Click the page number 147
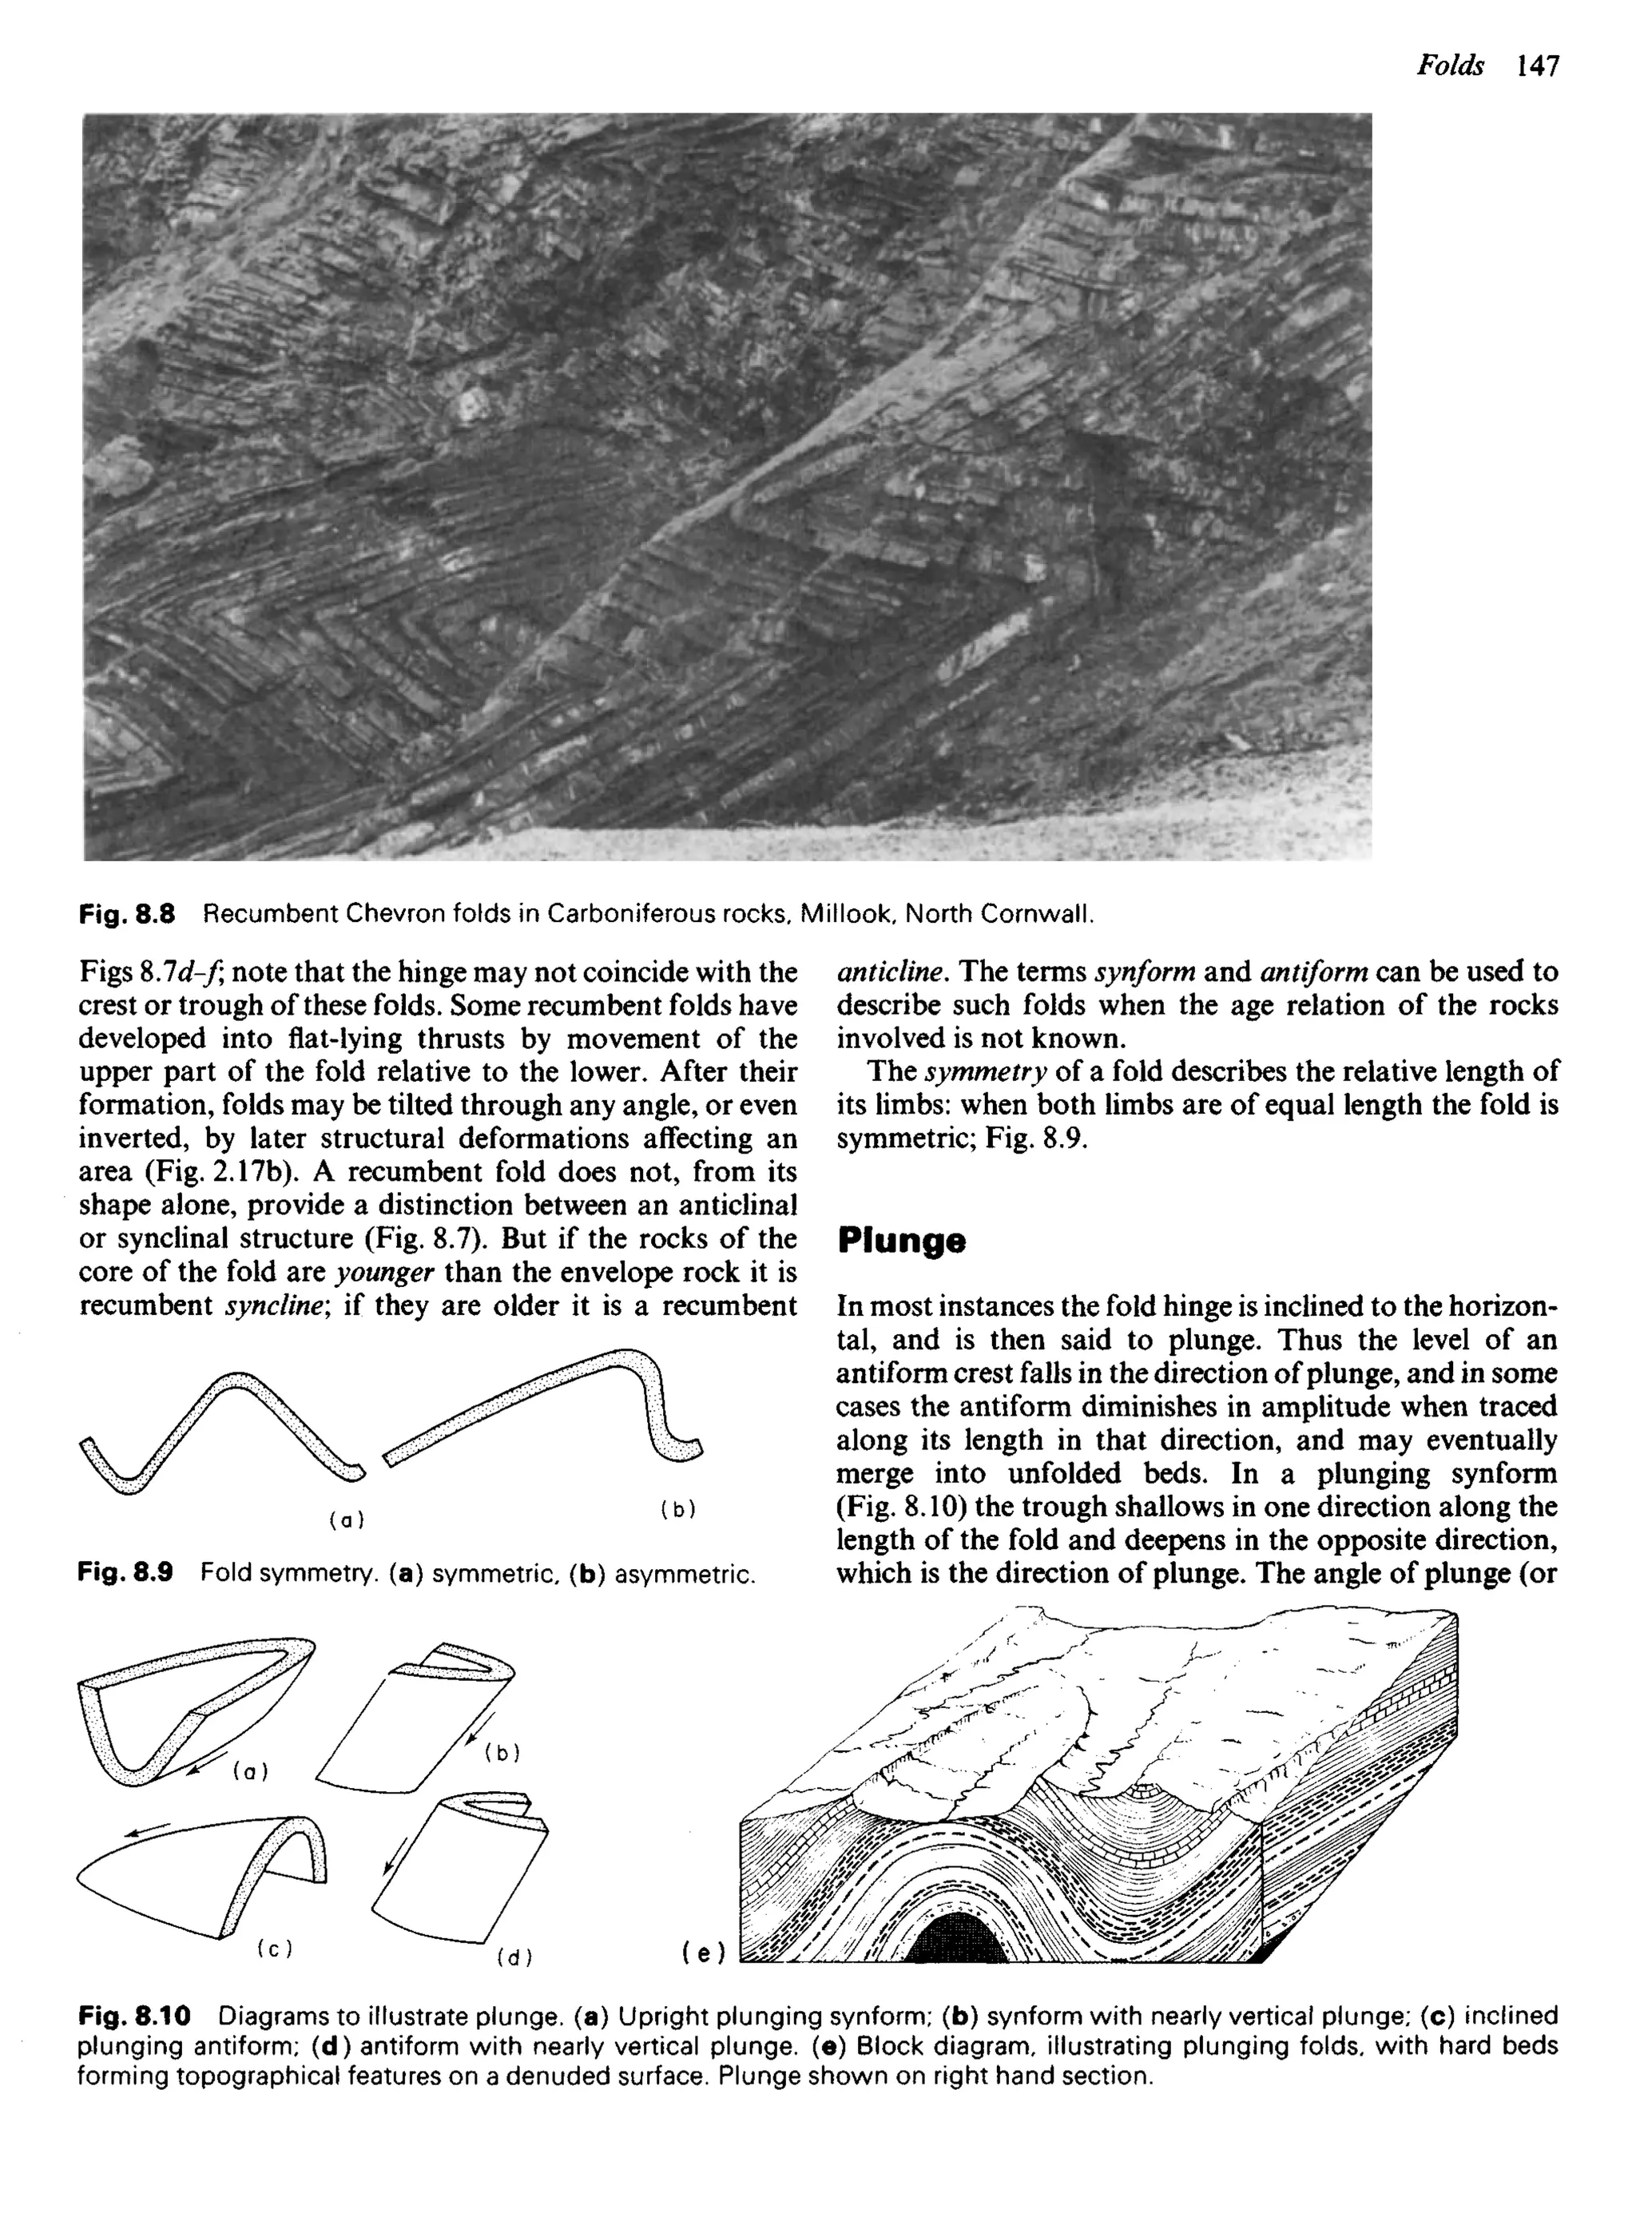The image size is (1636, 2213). click(x=1536, y=66)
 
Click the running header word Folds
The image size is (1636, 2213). click(x=1450, y=66)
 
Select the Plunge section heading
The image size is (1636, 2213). click(x=900, y=1242)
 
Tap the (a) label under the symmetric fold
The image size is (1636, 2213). click(x=347, y=1520)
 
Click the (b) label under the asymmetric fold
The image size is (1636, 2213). click(x=677, y=1509)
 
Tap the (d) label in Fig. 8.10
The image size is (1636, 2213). click(x=515, y=1957)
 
